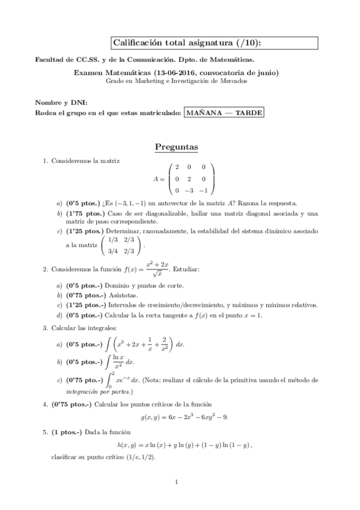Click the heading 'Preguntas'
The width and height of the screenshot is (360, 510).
pyautogui.click(x=177, y=147)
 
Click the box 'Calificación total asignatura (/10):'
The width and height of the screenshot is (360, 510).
pyautogui.click(x=214, y=43)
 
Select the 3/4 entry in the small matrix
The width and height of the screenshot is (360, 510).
pyautogui.click(x=111, y=252)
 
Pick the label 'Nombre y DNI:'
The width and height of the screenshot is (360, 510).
pyautogui.click(x=56, y=103)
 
